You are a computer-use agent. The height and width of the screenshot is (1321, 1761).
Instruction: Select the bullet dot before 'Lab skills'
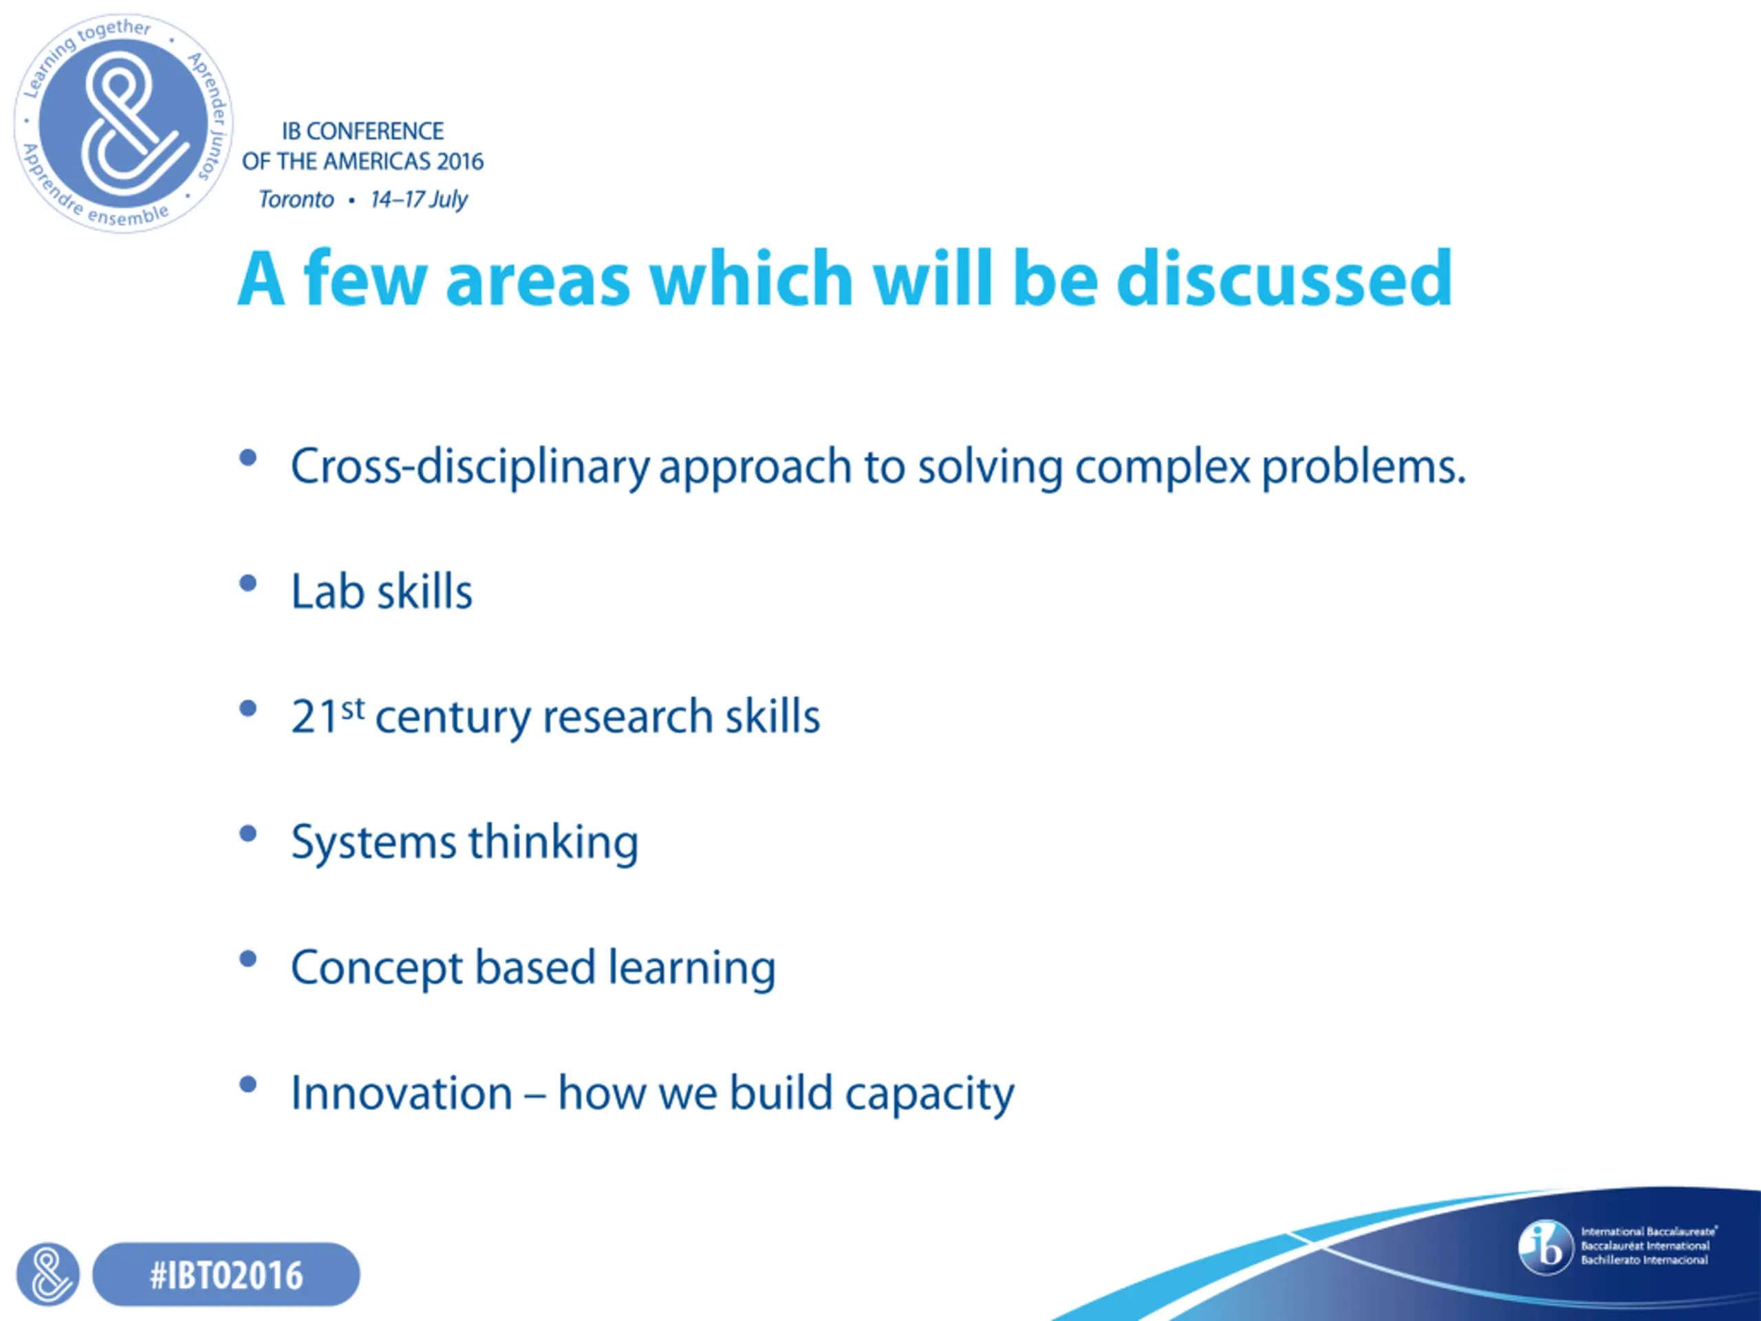(248, 583)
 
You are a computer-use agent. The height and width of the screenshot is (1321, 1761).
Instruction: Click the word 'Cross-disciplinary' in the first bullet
(471, 467)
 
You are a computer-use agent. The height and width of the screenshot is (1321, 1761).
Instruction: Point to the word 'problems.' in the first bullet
(1363, 467)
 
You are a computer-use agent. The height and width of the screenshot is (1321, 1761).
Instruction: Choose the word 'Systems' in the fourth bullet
(375, 842)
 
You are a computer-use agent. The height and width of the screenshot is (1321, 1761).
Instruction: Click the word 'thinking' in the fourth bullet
(554, 842)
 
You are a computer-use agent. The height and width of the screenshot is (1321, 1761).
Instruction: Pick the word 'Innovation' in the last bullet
(402, 1093)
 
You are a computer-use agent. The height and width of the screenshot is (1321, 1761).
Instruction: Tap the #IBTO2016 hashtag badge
(226, 1275)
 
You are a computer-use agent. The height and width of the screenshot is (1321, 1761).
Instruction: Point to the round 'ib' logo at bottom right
(1545, 1247)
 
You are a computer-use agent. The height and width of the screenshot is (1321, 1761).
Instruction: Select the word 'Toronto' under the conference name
(296, 199)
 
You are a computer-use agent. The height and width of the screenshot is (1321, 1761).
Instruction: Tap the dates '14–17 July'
(419, 199)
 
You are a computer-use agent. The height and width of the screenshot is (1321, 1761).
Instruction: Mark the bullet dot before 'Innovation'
(248, 1084)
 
